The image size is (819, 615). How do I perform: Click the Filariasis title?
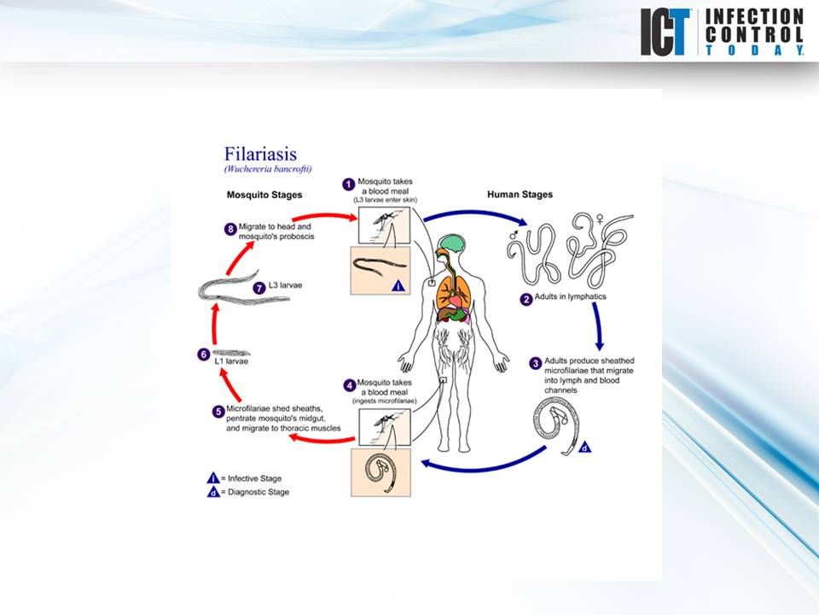pyautogui.click(x=260, y=154)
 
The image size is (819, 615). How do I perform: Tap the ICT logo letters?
pyautogui.click(x=666, y=32)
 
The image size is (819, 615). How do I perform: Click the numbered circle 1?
pyautogui.click(x=348, y=184)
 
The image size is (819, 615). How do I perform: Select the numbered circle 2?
pyautogui.click(x=527, y=299)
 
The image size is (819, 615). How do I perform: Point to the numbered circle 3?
pyautogui.click(x=536, y=363)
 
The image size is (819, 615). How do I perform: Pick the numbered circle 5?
pyautogui.click(x=219, y=411)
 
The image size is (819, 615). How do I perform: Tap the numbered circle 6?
pyautogui.click(x=203, y=354)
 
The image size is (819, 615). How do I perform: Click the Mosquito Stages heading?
pyautogui.click(x=264, y=195)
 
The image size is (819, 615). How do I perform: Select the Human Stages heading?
pyautogui.click(x=520, y=195)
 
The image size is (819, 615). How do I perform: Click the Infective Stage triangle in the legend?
pyautogui.click(x=213, y=477)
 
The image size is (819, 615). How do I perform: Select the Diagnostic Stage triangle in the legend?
pyautogui.click(x=213, y=492)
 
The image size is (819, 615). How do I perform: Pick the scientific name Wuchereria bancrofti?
pyautogui.click(x=268, y=169)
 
